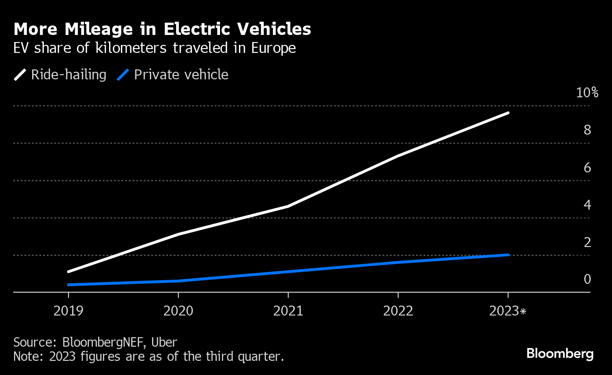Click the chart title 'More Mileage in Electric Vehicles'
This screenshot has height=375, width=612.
tap(162, 29)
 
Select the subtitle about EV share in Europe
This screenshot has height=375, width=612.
tap(155, 48)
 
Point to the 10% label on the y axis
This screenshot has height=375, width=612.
tap(587, 93)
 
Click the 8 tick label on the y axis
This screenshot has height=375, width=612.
tap(587, 130)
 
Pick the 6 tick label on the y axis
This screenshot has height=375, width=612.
tap(587, 168)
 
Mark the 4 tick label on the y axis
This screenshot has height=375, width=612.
tap(587, 205)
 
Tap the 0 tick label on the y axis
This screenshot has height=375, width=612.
tap(587, 280)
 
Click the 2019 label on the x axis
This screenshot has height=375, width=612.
tap(68, 311)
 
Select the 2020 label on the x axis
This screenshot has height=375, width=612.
tap(178, 311)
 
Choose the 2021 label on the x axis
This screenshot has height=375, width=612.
tap(288, 311)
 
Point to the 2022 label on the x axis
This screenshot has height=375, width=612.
tap(398, 311)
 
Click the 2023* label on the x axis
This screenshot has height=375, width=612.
tap(508, 311)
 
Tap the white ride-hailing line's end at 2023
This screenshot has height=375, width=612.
tap(508, 113)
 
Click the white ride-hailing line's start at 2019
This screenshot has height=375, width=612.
tap(69, 272)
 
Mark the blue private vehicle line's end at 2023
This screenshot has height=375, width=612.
tap(508, 255)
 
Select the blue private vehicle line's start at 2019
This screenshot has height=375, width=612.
tap(69, 285)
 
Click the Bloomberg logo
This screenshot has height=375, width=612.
tap(560, 353)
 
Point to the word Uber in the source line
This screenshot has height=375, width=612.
tap(165, 342)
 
